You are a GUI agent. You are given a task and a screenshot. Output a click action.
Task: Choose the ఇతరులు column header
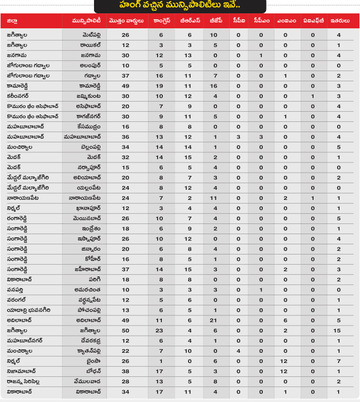pyautogui.click(x=339, y=21)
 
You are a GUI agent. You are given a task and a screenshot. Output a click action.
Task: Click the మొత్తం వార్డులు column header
pyautogui.click(x=126, y=21)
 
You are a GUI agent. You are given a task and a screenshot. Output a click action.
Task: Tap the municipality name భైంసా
pyautogui.click(x=93, y=361)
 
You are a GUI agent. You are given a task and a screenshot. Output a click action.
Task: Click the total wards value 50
pyautogui.click(x=126, y=330)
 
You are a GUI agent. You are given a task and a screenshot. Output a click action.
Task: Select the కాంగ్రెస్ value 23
pyautogui.click(x=161, y=330)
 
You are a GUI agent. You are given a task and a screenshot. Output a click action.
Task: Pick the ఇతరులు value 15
pyautogui.click(x=339, y=330)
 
